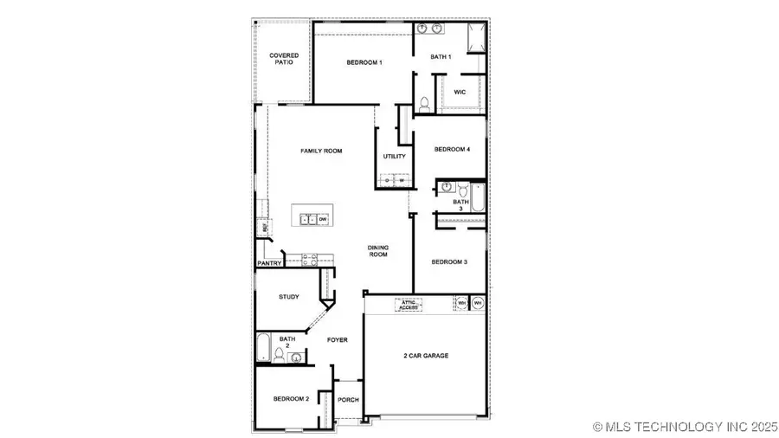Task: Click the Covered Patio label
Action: click(x=283, y=59)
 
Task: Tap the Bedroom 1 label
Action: click(x=364, y=62)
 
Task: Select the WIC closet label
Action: click(x=460, y=92)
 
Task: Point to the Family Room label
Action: click(x=321, y=151)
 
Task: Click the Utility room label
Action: click(x=394, y=157)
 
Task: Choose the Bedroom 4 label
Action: click(x=452, y=150)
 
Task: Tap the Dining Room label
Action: click(x=377, y=251)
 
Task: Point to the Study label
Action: click(x=288, y=297)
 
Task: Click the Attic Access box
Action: click(x=408, y=305)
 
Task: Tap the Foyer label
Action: click(x=337, y=340)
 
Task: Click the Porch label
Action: click(x=348, y=400)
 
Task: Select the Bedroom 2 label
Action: click(x=291, y=398)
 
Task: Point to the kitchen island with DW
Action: click(x=312, y=219)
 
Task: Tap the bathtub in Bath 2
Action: click(x=264, y=349)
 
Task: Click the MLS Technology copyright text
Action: click(x=685, y=426)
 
